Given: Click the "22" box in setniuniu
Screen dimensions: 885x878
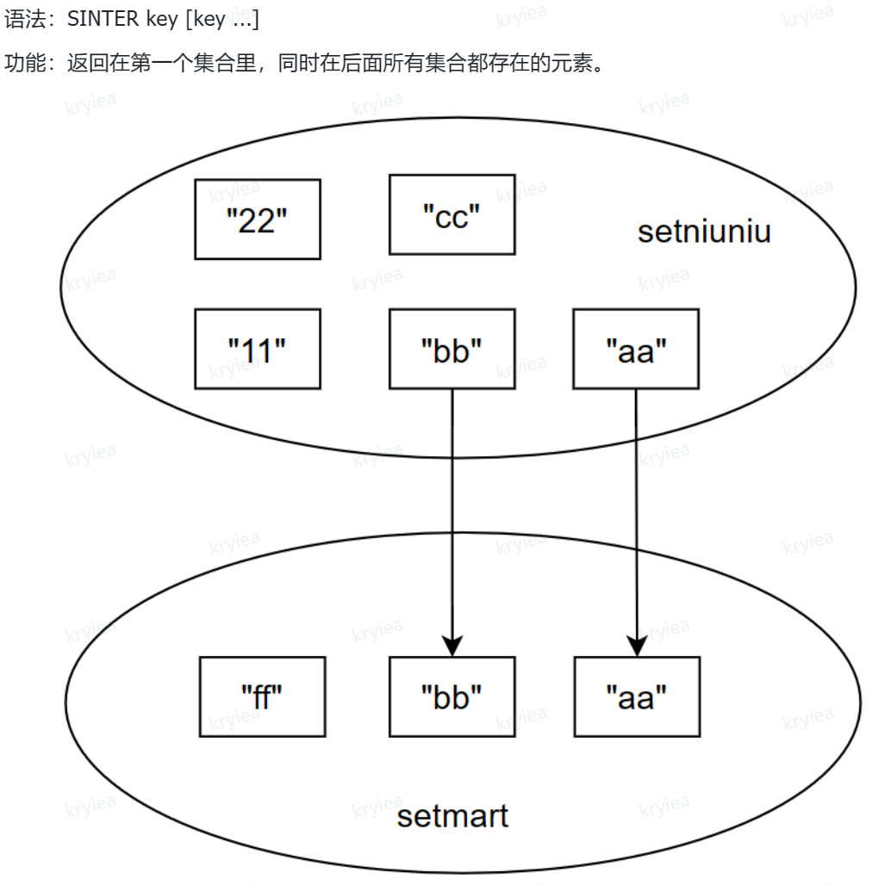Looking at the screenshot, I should (257, 219).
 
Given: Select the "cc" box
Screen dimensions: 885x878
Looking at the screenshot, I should (451, 214).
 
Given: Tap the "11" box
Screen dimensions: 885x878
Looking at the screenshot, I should (257, 349).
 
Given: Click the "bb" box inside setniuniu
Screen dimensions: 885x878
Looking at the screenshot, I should (451, 349).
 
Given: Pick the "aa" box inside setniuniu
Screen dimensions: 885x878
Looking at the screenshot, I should (635, 349).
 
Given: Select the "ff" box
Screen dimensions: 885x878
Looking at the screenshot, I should (262, 696).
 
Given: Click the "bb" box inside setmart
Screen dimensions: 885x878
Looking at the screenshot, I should (451, 696).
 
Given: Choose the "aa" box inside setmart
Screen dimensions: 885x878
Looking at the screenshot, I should (637, 696).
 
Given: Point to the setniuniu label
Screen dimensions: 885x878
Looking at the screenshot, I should (704, 232).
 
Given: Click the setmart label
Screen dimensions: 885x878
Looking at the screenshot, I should (452, 814).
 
